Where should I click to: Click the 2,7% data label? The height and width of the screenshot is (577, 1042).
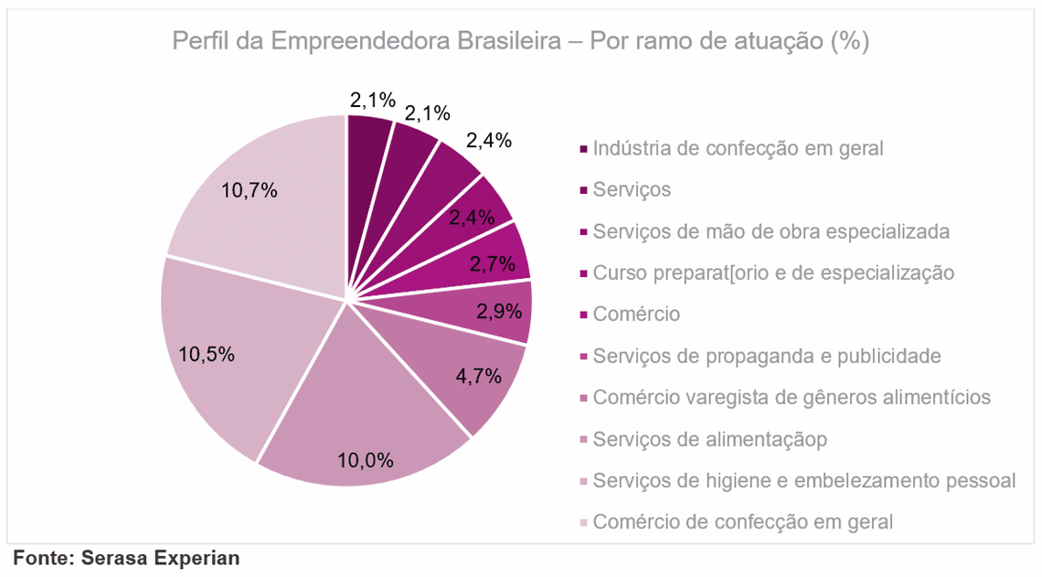(494, 263)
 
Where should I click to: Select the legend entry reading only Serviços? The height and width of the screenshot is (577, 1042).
(632, 190)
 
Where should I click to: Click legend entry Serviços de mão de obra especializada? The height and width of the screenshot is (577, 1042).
(771, 231)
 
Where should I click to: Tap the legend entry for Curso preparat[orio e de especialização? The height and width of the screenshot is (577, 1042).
(773, 273)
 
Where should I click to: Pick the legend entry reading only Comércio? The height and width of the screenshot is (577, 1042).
(636, 315)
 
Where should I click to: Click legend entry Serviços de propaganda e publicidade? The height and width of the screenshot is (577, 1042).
(767, 356)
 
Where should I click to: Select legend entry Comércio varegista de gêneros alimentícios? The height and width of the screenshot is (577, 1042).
(792, 398)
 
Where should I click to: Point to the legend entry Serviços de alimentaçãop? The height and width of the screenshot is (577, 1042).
(709, 440)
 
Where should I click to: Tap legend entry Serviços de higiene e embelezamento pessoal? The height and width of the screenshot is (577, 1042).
(803, 481)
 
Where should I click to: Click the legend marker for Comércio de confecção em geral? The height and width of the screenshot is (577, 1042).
(583, 523)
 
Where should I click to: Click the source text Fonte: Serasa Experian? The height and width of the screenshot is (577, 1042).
(126, 557)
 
